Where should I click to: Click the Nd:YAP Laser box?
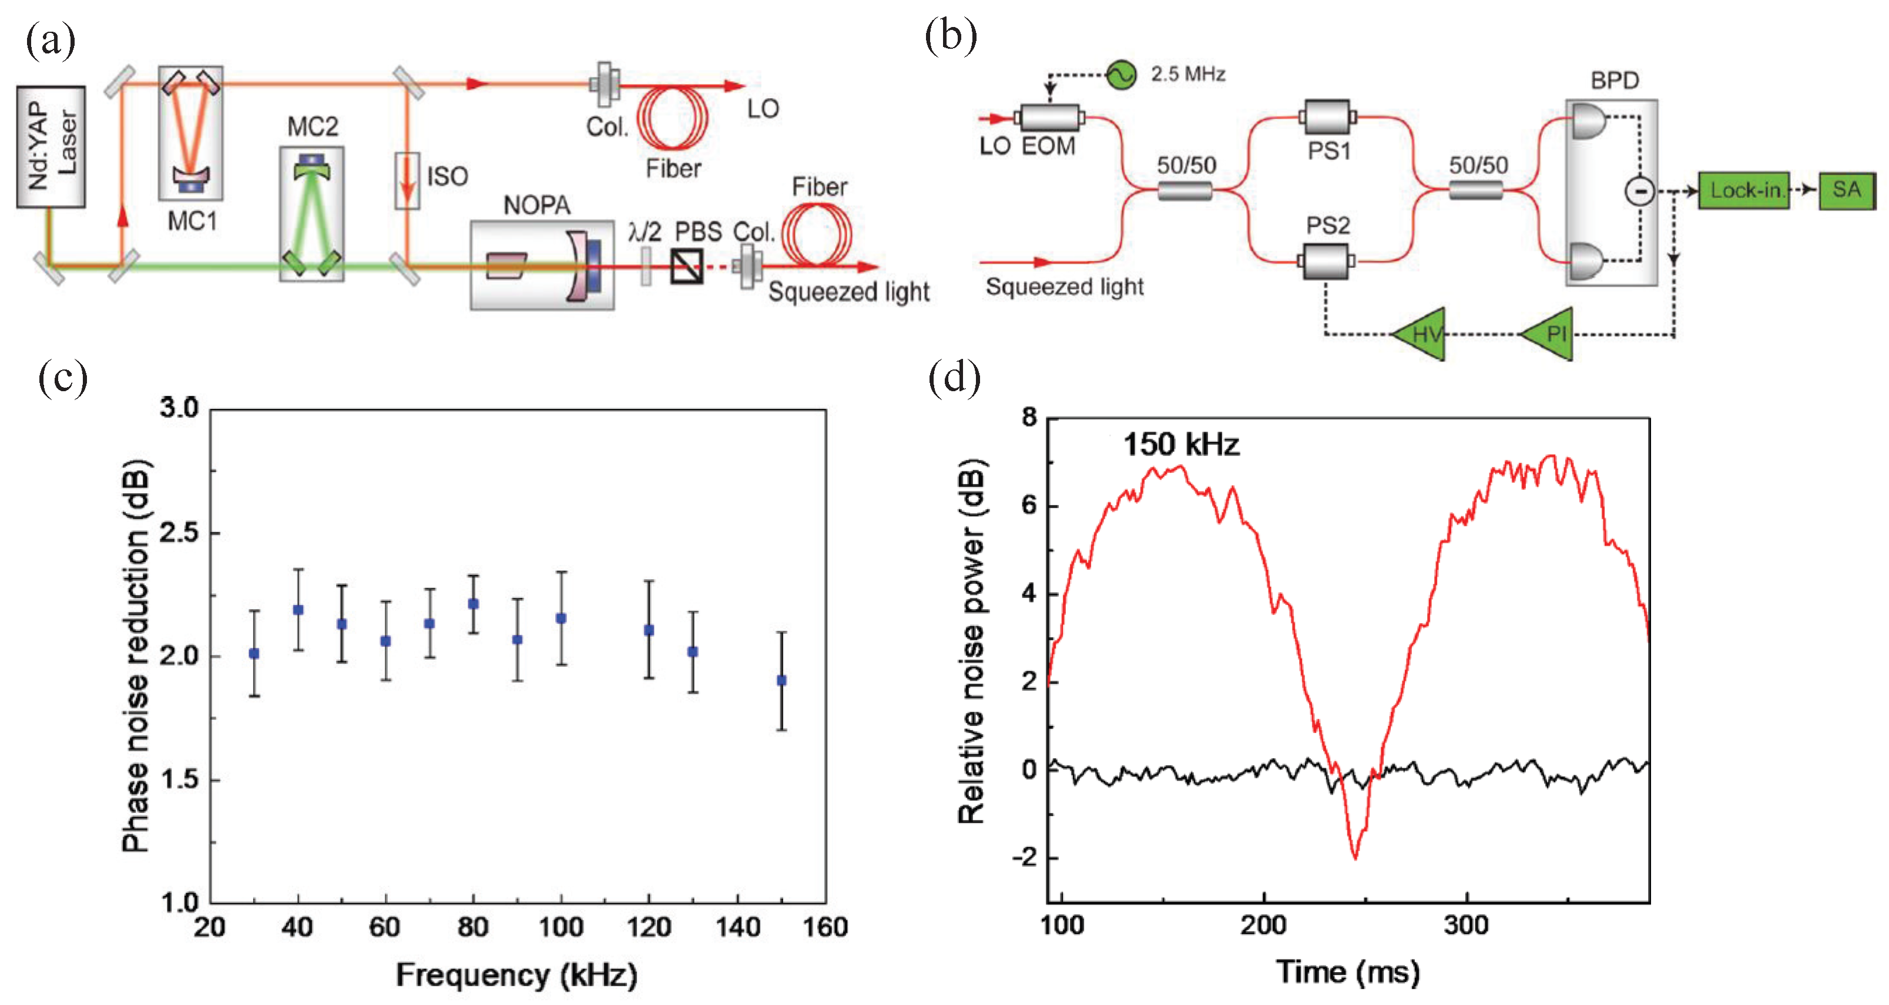pyautogui.click(x=51, y=147)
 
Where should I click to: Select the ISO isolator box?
pyautogui.click(x=407, y=180)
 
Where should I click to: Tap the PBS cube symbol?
pyautogui.click(x=687, y=266)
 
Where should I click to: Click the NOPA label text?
pyautogui.click(x=537, y=205)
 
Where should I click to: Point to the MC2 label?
pyautogui.click(x=313, y=127)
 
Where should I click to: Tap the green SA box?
pyautogui.click(x=1847, y=190)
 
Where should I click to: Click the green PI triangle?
pyautogui.click(x=1549, y=334)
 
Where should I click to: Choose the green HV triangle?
pyautogui.click(x=1421, y=334)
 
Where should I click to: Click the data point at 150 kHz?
pyautogui.click(x=781, y=680)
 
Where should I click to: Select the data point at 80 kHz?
pyautogui.click(x=474, y=603)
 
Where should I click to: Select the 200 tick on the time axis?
pyautogui.click(x=1263, y=925)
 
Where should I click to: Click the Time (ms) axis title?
pyautogui.click(x=1348, y=972)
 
